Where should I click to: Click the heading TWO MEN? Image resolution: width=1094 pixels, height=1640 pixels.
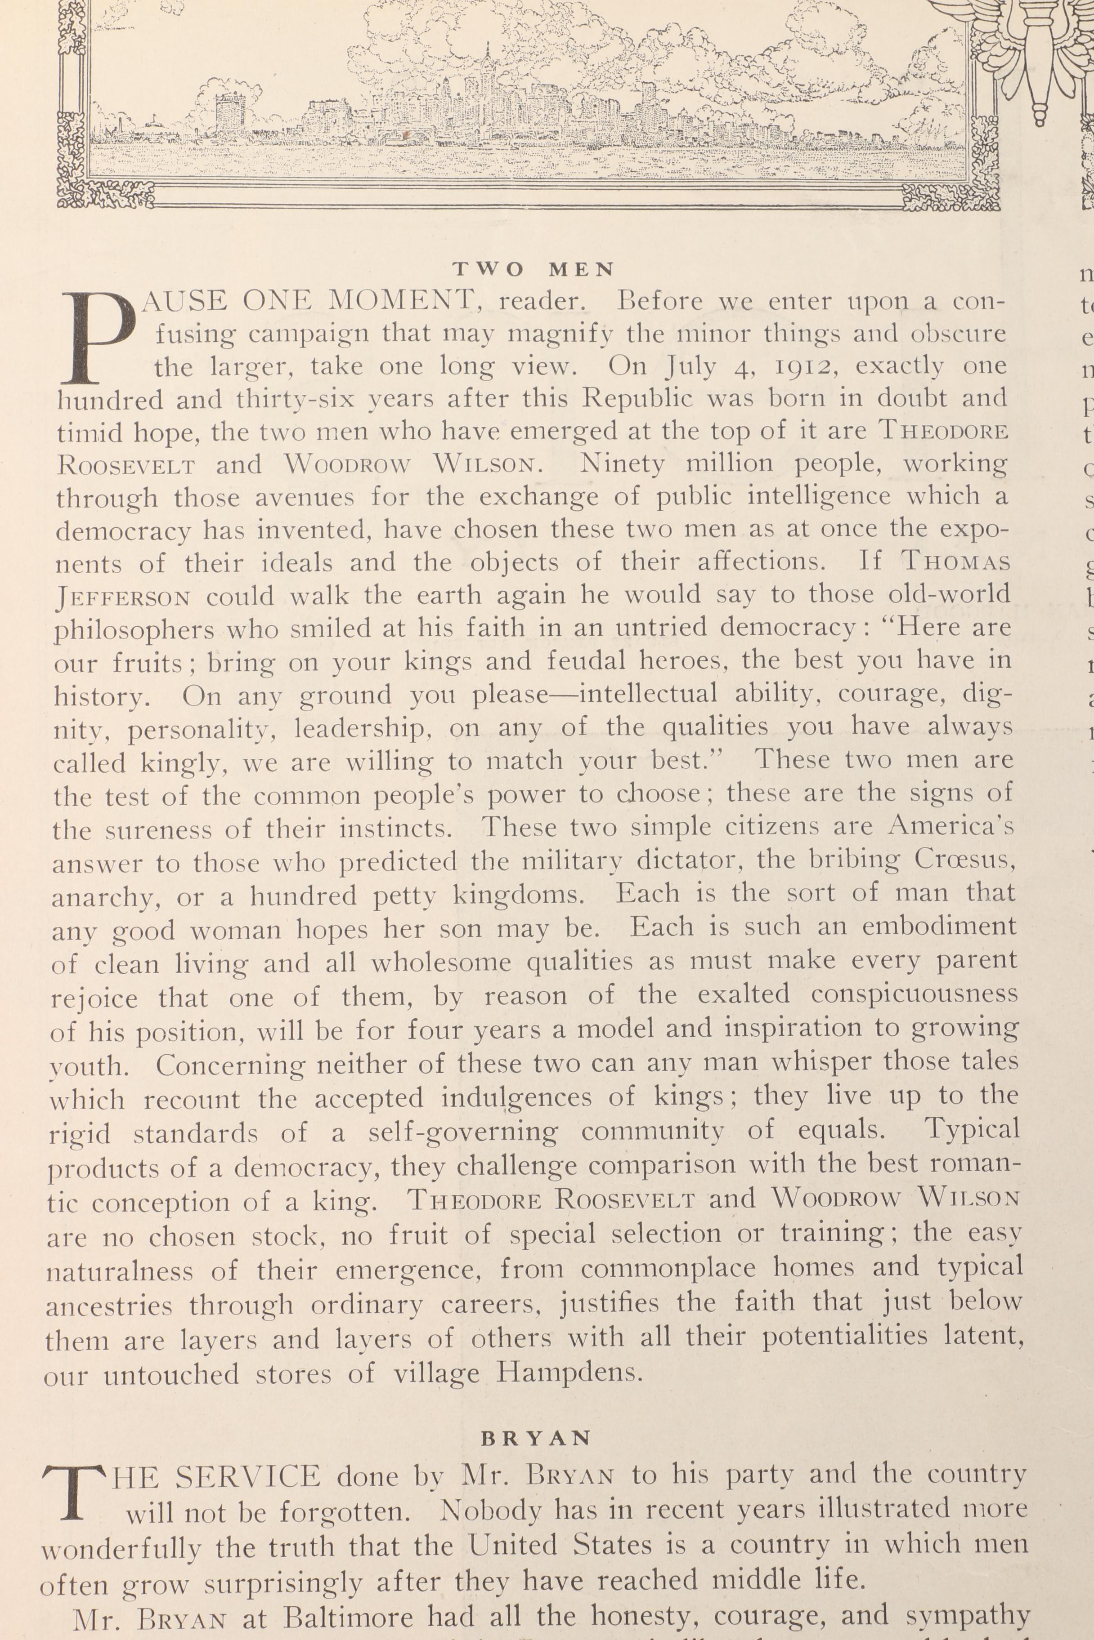[x=534, y=269]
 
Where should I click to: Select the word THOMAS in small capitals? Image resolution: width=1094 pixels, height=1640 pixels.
[x=956, y=562]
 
